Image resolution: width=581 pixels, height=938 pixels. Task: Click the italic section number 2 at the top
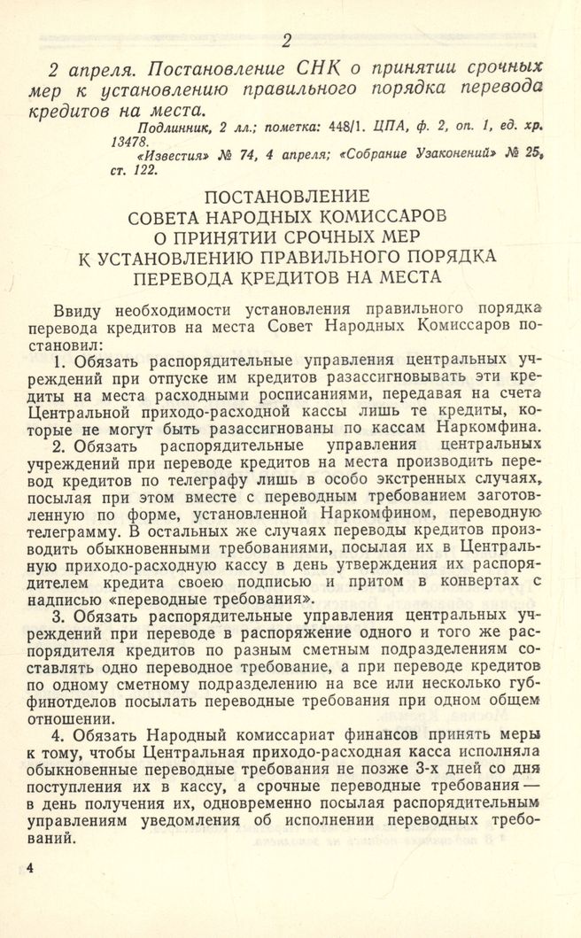coord(286,40)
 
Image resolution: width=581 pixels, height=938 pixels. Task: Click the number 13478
coord(130,142)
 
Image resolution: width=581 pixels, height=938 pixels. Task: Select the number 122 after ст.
coord(146,169)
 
